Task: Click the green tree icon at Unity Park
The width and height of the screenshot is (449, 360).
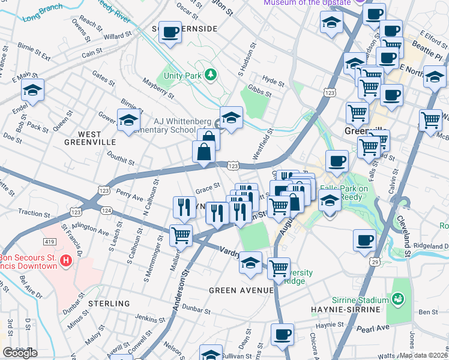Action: click(210, 74)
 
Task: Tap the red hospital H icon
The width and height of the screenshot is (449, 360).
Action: click(67, 261)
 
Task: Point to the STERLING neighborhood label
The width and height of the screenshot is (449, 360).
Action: click(109, 304)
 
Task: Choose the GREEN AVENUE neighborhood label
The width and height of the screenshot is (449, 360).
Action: click(241, 290)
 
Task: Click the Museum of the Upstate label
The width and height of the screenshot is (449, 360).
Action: click(307, 3)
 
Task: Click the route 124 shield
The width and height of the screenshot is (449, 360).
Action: click(106, 210)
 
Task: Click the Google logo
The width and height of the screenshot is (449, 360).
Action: click(20, 353)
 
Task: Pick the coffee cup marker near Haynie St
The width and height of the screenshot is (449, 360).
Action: click(282, 334)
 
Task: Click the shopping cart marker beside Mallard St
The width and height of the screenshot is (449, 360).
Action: click(181, 235)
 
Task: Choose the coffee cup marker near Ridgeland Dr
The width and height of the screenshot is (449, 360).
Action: click(364, 240)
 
